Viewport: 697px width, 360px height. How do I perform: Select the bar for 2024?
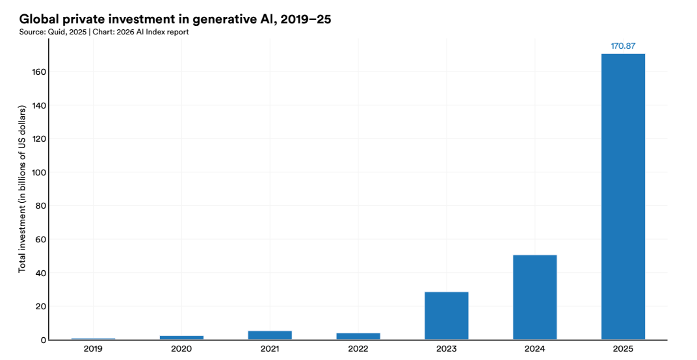(x=534, y=297)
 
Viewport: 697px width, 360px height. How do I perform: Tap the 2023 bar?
(x=446, y=315)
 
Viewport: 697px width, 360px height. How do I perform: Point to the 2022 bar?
(x=358, y=336)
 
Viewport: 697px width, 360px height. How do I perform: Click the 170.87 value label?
(x=623, y=46)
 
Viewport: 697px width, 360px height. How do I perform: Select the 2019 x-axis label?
(x=93, y=349)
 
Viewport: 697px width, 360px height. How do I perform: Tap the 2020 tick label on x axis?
(x=181, y=349)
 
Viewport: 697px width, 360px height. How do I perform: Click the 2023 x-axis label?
(x=446, y=349)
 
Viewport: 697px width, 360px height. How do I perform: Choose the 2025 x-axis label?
(x=623, y=349)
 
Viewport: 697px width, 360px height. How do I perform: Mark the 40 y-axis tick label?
(x=40, y=273)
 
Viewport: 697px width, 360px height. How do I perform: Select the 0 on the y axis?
(x=43, y=340)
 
